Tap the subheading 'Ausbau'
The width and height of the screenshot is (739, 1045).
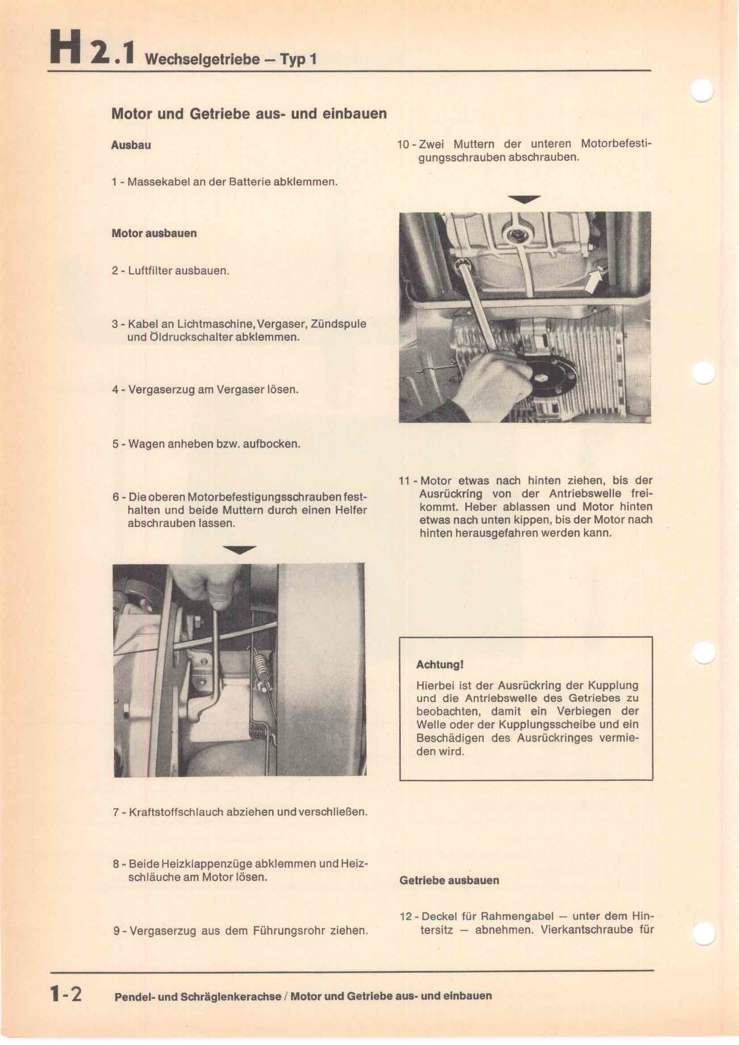point(131,146)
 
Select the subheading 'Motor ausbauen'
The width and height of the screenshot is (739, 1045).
point(154,234)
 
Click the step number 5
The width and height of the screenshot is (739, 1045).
point(115,444)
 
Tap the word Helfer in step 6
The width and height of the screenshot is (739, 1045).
point(350,510)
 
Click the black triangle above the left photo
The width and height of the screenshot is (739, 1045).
point(240,550)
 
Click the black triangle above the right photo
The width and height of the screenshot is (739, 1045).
point(524,199)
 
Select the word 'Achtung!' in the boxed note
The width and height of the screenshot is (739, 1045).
point(440,664)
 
